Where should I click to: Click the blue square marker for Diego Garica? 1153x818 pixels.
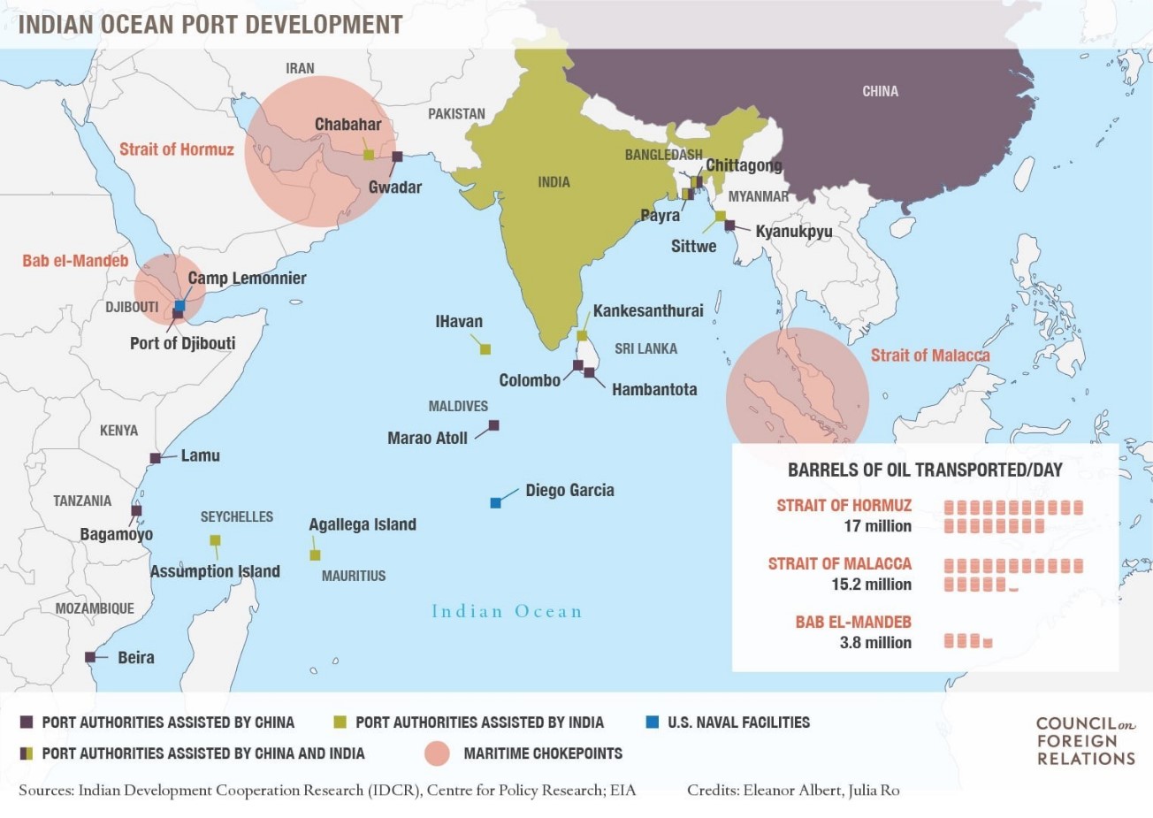tap(495, 503)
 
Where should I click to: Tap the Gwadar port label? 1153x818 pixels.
tap(394, 187)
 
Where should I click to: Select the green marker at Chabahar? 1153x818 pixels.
tap(369, 155)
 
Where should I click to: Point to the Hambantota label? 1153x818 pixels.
tap(653, 389)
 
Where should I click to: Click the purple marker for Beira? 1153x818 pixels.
tap(90, 657)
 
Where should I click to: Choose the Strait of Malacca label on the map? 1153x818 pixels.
tap(929, 355)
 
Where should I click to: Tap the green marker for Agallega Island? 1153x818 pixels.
tap(315, 555)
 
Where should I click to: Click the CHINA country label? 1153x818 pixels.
tap(880, 91)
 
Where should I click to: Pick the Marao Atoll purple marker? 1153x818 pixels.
tap(493, 425)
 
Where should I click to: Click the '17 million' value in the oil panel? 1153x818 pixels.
tap(877, 526)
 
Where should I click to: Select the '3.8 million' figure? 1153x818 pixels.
tap(875, 643)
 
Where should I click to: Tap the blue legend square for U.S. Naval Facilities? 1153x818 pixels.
tap(653, 722)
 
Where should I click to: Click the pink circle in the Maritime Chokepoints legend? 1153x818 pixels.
tap(437, 753)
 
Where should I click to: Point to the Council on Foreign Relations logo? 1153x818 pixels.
tap(1085, 741)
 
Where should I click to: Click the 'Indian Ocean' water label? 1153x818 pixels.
tap(507, 611)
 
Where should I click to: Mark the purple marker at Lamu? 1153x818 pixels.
tap(155, 458)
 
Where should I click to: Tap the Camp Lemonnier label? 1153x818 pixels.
tap(247, 279)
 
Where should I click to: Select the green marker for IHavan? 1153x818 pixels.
tap(485, 349)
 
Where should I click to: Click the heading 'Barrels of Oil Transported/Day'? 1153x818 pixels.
tap(925, 470)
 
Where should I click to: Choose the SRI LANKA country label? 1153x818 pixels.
tap(645, 348)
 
